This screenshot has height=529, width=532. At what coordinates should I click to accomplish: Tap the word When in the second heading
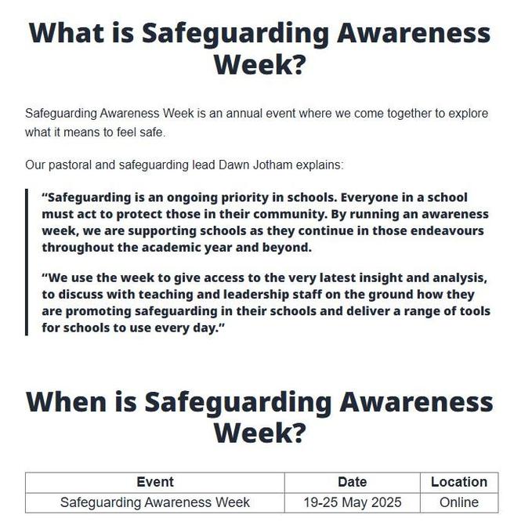pyautogui.click(x=67, y=401)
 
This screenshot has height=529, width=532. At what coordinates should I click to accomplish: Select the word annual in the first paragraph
pyautogui.click(x=239, y=114)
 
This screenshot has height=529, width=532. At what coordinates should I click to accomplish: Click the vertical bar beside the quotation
pyautogui.click(x=27, y=262)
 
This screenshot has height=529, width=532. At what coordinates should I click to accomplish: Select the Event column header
pyautogui.click(x=155, y=482)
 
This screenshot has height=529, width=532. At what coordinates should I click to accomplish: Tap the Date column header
pyautogui.click(x=352, y=482)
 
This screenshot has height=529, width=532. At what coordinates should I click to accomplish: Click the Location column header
pyautogui.click(x=458, y=482)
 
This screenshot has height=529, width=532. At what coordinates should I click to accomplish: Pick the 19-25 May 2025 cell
pyautogui.click(x=352, y=502)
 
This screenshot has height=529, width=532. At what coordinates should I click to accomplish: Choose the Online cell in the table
pyautogui.click(x=458, y=502)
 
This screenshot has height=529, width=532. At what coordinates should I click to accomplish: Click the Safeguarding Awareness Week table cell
pyautogui.click(x=155, y=502)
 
